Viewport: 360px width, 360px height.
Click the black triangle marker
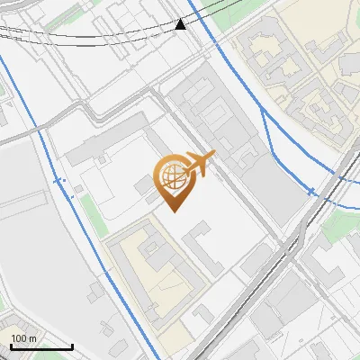pyautogui.click(x=181, y=23)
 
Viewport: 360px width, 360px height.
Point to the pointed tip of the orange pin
pyautogui.click(x=174, y=210)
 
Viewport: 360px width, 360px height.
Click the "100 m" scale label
pyautogui.click(x=23, y=338)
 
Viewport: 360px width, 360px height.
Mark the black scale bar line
pyautogui.click(x=41, y=346)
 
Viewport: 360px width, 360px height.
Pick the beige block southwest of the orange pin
pyautogui.click(x=153, y=270)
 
